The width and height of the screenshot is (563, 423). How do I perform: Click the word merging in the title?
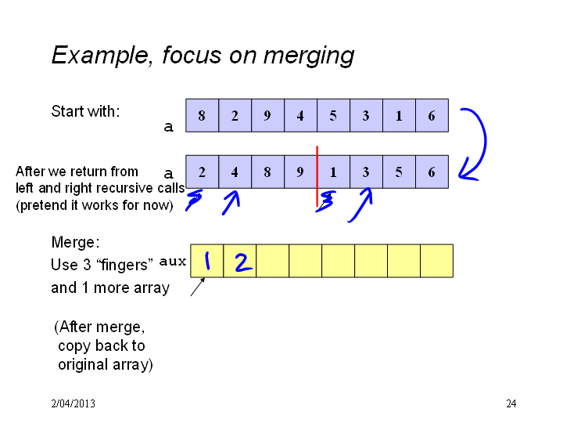click(x=308, y=56)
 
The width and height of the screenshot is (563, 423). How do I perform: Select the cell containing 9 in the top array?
click(x=267, y=115)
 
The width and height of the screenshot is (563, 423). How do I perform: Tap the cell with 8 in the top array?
click(x=203, y=115)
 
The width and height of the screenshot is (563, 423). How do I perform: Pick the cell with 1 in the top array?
click(x=399, y=115)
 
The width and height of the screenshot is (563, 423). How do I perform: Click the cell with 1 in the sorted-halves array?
click(x=333, y=172)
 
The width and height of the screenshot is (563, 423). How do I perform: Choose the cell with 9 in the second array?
click(x=300, y=172)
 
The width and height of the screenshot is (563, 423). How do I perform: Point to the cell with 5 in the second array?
click(x=399, y=172)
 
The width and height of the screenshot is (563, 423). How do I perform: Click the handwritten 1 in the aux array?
click(x=207, y=261)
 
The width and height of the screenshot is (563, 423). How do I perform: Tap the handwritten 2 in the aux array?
click(x=243, y=262)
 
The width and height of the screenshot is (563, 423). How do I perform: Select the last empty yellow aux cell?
click(x=436, y=261)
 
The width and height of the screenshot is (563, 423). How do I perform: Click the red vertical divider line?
click(x=317, y=176)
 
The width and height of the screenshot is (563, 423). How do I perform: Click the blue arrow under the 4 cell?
click(x=231, y=203)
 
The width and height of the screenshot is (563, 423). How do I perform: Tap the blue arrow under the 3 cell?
click(x=360, y=205)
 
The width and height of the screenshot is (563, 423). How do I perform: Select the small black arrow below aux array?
click(x=198, y=287)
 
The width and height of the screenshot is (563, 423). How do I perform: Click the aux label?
click(x=173, y=261)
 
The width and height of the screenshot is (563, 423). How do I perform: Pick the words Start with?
click(x=85, y=111)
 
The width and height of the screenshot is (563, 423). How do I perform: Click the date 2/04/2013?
click(x=73, y=403)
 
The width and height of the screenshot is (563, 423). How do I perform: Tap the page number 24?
click(x=511, y=403)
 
